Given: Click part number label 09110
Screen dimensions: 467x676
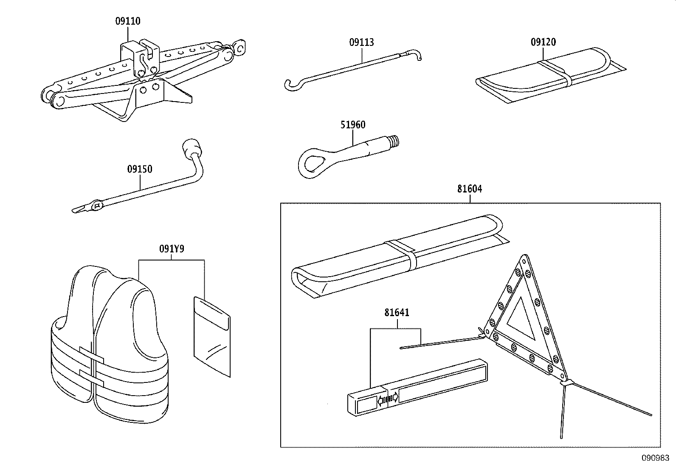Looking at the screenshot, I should [x=127, y=21].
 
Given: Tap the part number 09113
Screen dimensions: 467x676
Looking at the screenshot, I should [x=361, y=42].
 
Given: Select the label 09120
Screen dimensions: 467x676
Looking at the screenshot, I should [x=543, y=42].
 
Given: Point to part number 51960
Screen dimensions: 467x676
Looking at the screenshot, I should [x=352, y=125].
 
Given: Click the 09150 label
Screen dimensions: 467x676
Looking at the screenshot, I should [x=139, y=169].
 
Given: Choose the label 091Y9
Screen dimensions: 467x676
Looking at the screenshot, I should [x=172, y=249].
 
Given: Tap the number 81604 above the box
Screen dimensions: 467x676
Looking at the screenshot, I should [x=469, y=189].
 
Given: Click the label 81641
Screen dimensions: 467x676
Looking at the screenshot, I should [x=397, y=313].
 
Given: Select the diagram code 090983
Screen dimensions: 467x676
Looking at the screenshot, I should [x=655, y=459].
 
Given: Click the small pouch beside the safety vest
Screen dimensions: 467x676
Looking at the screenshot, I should [x=211, y=335].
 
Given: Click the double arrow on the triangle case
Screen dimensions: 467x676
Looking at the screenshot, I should [x=387, y=399].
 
